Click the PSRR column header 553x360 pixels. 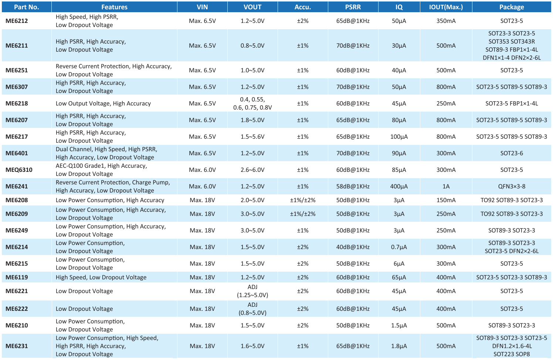353,7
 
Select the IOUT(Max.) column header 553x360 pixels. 446,7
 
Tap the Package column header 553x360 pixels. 512,7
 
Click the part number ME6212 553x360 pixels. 17,21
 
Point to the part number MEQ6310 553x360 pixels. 19,170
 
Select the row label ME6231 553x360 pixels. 17,346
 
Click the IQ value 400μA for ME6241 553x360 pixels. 399,186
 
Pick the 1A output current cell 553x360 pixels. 446,186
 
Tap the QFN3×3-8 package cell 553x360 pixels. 512,186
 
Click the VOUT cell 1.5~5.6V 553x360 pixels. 252,137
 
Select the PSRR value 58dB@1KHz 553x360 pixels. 353,186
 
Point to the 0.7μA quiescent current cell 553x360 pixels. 399,247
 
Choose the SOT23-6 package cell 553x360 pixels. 512,153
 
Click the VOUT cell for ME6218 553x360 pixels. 252,103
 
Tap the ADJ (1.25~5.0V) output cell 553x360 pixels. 252,291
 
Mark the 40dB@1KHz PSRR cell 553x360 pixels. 353,247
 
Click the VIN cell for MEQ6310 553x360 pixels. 202,170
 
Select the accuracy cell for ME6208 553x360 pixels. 303,200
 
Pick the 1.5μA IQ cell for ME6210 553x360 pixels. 399,325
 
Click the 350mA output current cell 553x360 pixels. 446,21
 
